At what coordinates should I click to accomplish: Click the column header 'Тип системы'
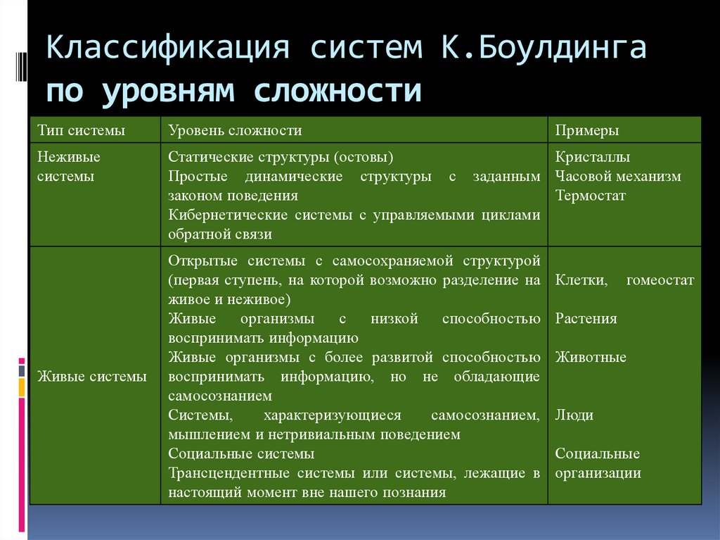click(81, 130)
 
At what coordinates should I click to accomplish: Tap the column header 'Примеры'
click(587, 130)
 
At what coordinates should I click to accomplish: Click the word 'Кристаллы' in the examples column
click(592, 157)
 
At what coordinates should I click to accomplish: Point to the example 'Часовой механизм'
click(618, 176)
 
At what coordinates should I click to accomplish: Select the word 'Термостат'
click(590, 196)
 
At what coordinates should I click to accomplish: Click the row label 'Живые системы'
click(92, 377)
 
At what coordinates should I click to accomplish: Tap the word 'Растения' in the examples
click(586, 319)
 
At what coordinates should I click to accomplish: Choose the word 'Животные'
click(591, 357)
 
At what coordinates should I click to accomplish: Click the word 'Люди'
click(574, 415)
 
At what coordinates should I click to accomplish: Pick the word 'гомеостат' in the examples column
click(660, 280)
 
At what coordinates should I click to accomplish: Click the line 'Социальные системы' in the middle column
click(241, 454)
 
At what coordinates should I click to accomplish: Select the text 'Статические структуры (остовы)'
click(281, 157)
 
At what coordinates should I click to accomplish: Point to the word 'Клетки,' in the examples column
click(581, 280)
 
